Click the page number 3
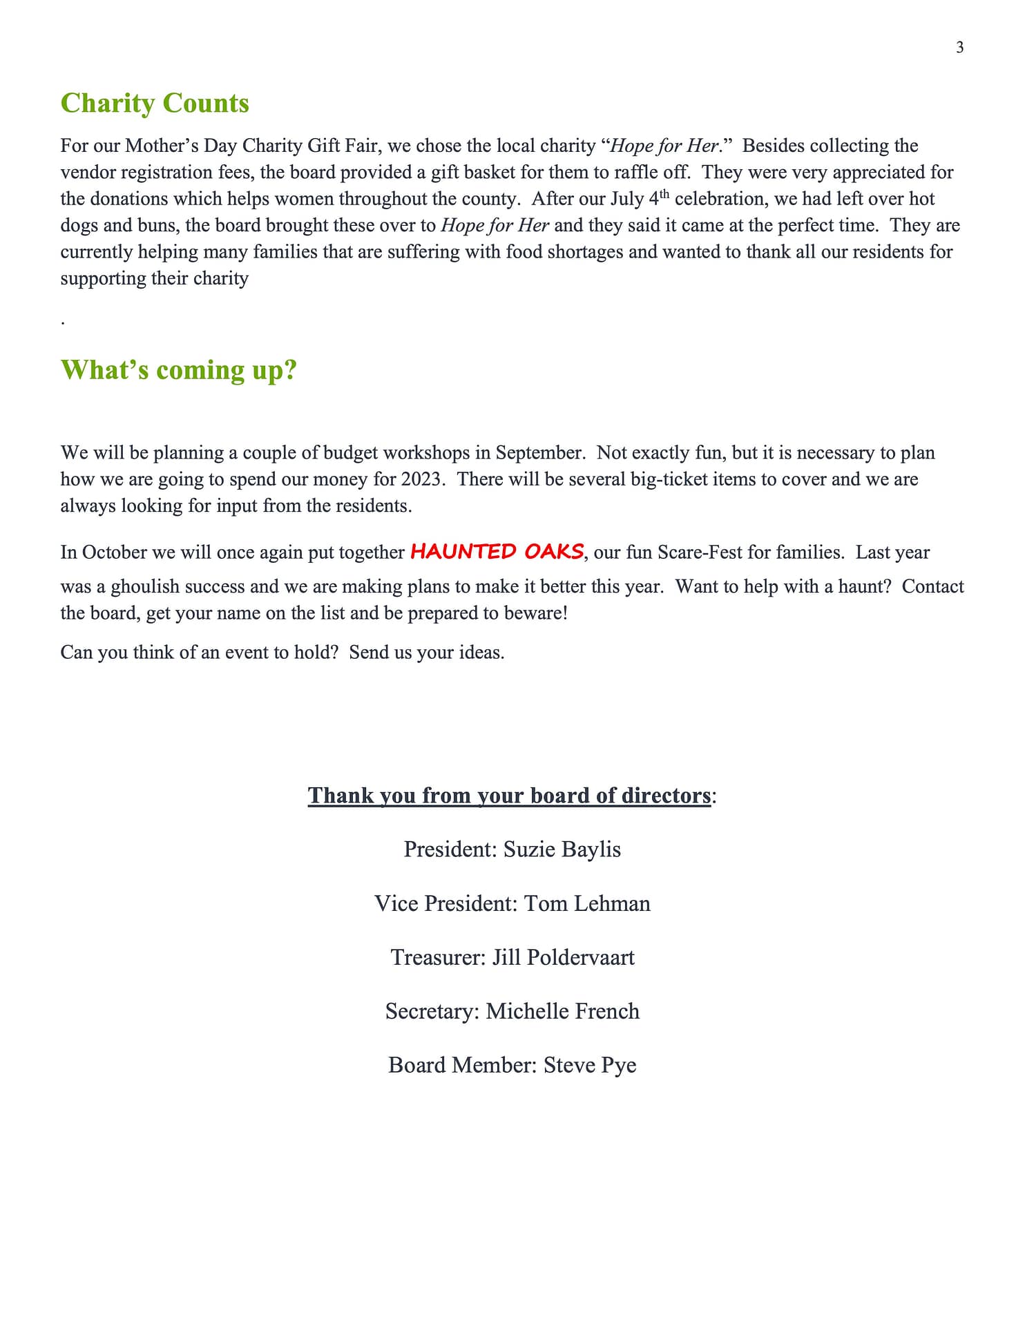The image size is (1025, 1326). (959, 48)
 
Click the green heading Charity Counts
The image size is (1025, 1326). (155, 103)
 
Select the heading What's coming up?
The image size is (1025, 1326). (178, 369)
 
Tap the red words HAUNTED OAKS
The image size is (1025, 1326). (497, 551)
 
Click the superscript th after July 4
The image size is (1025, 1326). (664, 193)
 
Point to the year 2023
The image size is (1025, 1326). (421, 479)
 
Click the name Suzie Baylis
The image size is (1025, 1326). (562, 849)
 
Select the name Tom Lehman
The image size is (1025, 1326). (587, 903)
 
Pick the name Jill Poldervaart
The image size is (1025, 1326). (563, 957)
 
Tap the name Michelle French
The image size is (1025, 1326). (562, 1011)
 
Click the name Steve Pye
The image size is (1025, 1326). (590, 1065)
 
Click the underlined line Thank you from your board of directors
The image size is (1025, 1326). (509, 796)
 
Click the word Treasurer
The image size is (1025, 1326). (438, 957)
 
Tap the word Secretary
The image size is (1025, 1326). (432, 1011)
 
